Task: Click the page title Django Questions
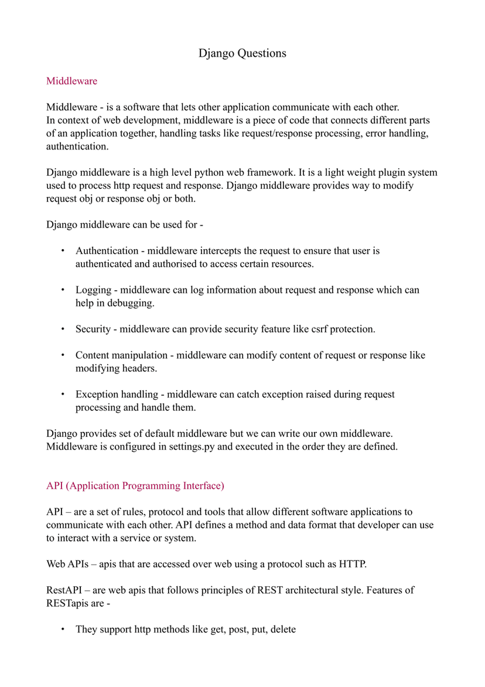click(x=242, y=53)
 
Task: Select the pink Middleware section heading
click(x=71, y=81)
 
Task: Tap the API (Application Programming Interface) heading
click(x=135, y=485)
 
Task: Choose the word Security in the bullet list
click(x=93, y=329)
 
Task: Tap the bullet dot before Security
click(x=63, y=329)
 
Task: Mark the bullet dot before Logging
click(x=63, y=290)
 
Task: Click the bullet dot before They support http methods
click(x=63, y=630)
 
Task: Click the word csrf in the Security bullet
click(x=317, y=329)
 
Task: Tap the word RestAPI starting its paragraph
click(x=64, y=590)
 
